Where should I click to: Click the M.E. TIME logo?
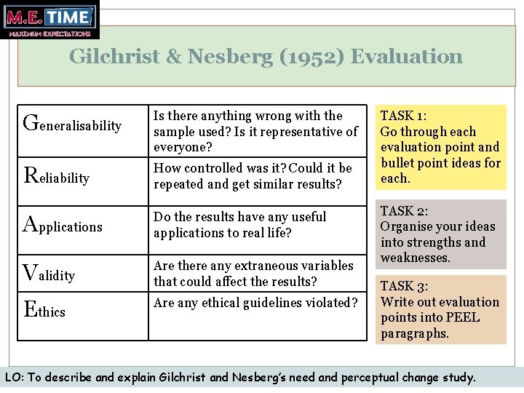49,20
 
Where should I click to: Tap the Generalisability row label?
73,124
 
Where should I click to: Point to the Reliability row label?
57,177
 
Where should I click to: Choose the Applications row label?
63,226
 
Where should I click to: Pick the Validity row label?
49,274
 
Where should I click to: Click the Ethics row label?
45,311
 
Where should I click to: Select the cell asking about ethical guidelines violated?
255,303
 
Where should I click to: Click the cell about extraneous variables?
253,274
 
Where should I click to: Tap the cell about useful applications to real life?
240,225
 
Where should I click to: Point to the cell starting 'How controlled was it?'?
253,176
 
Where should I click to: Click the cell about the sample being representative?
255,132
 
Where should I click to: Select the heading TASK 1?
404,116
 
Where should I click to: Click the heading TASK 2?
404,211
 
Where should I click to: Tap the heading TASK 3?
404,286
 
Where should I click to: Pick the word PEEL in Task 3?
466,318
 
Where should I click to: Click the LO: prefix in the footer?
13,378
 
